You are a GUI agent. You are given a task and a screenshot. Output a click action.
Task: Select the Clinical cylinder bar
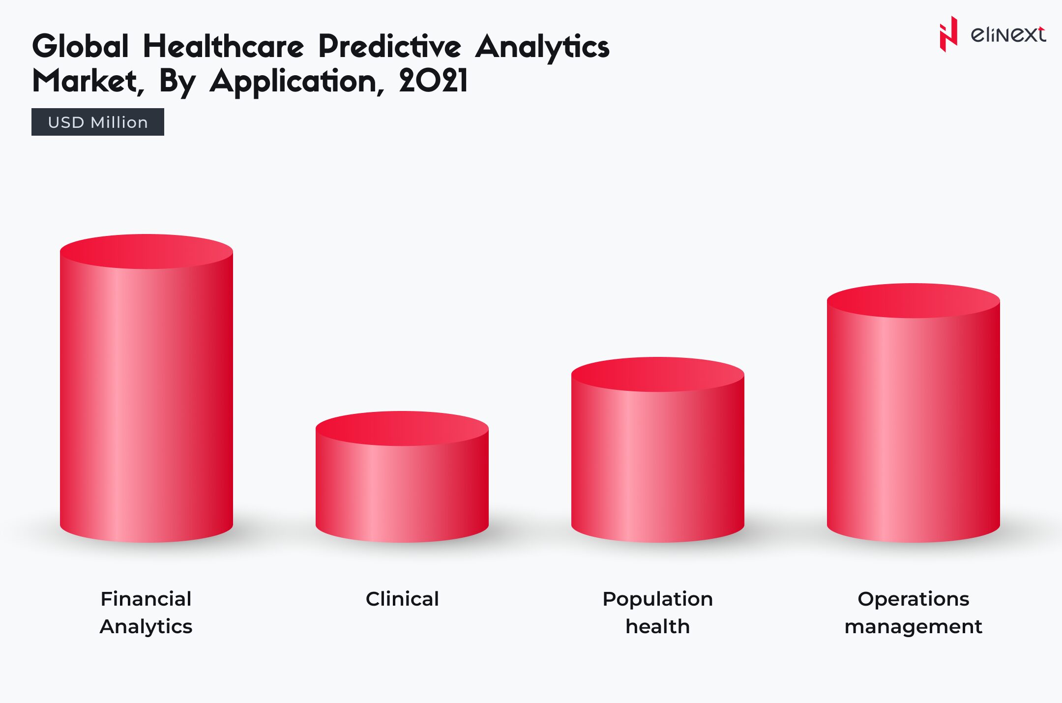click(x=402, y=492)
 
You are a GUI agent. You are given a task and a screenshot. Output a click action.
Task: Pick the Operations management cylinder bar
click(x=914, y=428)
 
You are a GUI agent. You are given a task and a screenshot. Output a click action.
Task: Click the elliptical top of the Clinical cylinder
click(x=402, y=428)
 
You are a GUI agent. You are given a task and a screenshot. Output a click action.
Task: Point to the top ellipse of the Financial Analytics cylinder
click(x=147, y=251)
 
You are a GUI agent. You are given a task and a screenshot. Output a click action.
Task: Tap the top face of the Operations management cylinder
click(x=914, y=300)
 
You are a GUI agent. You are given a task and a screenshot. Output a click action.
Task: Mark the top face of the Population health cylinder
click(x=658, y=374)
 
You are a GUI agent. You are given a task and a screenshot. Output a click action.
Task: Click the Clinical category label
click(x=402, y=599)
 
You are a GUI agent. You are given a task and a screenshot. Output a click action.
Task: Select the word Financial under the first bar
click(x=146, y=599)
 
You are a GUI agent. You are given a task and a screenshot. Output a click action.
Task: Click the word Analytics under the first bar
click(x=146, y=626)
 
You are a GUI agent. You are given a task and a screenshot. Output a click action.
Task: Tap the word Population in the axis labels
click(x=658, y=599)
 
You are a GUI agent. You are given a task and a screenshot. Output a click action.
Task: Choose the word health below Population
click(x=658, y=626)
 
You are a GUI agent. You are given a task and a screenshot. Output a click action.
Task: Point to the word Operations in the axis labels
click(x=914, y=599)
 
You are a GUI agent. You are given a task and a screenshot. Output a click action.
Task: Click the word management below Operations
click(x=914, y=626)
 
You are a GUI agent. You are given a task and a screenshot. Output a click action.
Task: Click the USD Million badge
click(x=98, y=122)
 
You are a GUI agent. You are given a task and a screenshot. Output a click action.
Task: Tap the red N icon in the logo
click(x=948, y=34)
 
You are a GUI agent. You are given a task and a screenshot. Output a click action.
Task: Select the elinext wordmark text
click(x=1008, y=34)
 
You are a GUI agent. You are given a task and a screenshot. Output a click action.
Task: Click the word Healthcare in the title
click(x=224, y=47)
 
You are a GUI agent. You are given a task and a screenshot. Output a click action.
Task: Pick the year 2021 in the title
click(x=433, y=81)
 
